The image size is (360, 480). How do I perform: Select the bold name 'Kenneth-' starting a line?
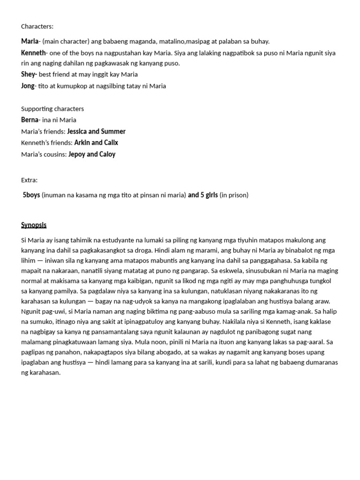click(x=34, y=53)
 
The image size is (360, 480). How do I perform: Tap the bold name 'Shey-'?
click(x=29, y=74)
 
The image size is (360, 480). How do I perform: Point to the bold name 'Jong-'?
click(x=29, y=86)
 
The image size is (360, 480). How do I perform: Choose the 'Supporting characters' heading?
click(x=52, y=109)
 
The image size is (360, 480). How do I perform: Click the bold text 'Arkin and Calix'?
click(x=96, y=142)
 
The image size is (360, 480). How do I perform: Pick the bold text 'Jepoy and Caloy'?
click(x=92, y=154)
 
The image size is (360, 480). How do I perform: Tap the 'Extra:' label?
click(x=29, y=180)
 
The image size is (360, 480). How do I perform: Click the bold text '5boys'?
click(x=31, y=195)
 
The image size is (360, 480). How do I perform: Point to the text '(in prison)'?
click(x=234, y=195)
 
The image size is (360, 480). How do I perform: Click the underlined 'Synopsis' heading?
click(x=34, y=225)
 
